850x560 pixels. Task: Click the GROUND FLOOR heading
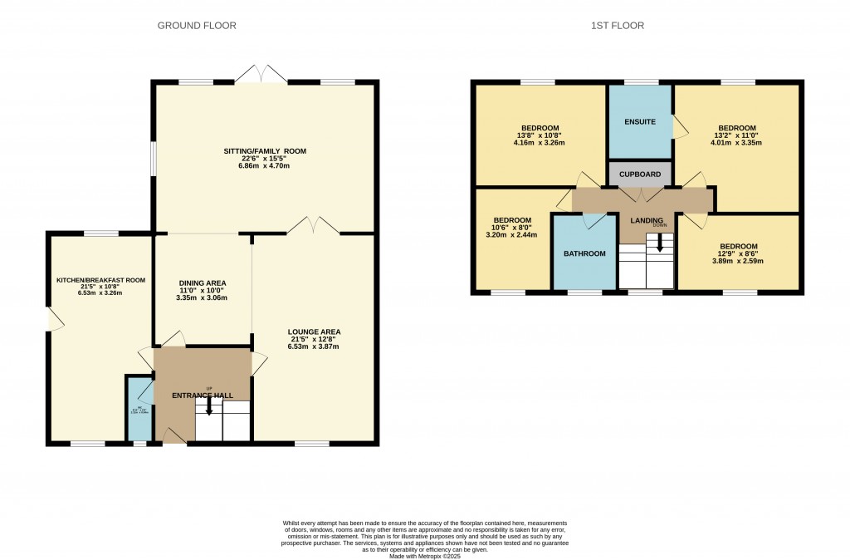pos(197,26)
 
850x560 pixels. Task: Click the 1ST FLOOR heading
pos(618,26)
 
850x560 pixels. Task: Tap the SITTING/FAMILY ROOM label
pos(265,151)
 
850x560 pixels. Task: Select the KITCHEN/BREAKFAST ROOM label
pos(100,281)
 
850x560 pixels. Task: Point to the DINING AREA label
pos(202,282)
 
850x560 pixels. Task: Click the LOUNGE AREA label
pos(314,332)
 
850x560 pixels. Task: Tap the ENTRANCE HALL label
pos(202,395)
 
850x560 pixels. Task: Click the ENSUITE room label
pos(640,122)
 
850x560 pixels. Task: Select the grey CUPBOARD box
pos(640,174)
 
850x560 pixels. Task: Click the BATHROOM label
pos(584,253)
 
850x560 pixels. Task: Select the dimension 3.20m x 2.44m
pos(512,235)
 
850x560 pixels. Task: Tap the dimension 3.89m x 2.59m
pos(738,262)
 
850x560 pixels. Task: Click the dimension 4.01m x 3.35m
pos(736,143)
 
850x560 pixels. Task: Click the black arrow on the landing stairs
pos(660,243)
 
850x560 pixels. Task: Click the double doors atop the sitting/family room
pos(261,75)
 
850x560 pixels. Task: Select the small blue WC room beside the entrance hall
pos(139,408)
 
